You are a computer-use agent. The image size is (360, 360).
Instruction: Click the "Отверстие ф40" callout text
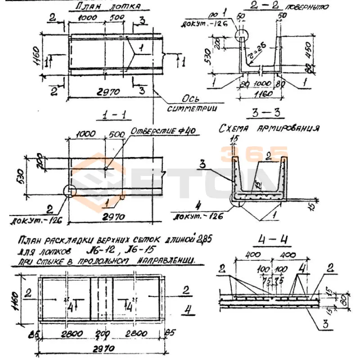pos(162,131)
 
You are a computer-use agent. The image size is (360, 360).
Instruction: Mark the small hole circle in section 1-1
pos(105,169)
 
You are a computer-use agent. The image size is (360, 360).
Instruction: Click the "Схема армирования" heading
pos(269,128)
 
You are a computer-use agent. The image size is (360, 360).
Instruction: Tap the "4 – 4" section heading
pos(266,239)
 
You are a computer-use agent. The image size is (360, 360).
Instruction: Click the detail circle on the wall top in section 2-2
pos(242,36)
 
